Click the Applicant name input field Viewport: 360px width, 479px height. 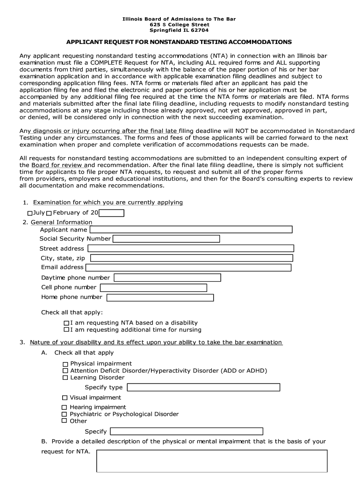pyautogui.click(x=191, y=229)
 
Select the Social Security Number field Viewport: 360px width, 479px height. pyautogui.click(x=166, y=239)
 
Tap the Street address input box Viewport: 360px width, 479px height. pyautogui.click(x=190, y=248)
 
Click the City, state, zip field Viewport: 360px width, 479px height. pyautogui.click(x=191, y=258)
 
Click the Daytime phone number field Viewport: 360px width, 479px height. pyautogui.click(x=167, y=278)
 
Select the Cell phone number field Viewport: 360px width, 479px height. pyautogui.click(x=153, y=288)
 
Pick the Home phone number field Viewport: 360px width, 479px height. pyautogui.click(x=160, y=298)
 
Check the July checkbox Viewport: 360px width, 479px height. pyautogui.click(x=30, y=213)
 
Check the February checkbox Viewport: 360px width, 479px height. pyautogui.click(x=49, y=213)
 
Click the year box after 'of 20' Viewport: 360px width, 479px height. pyautogui.click(x=112, y=213)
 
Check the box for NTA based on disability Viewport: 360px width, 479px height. pyautogui.click(x=66, y=323)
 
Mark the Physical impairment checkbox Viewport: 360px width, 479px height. pyautogui.click(x=65, y=364)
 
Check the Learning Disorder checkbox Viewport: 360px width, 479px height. pyautogui.click(x=65, y=377)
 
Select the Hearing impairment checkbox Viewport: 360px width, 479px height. pyautogui.click(x=65, y=407)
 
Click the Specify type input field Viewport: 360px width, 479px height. pyautogui.click(x=203, y=387)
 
